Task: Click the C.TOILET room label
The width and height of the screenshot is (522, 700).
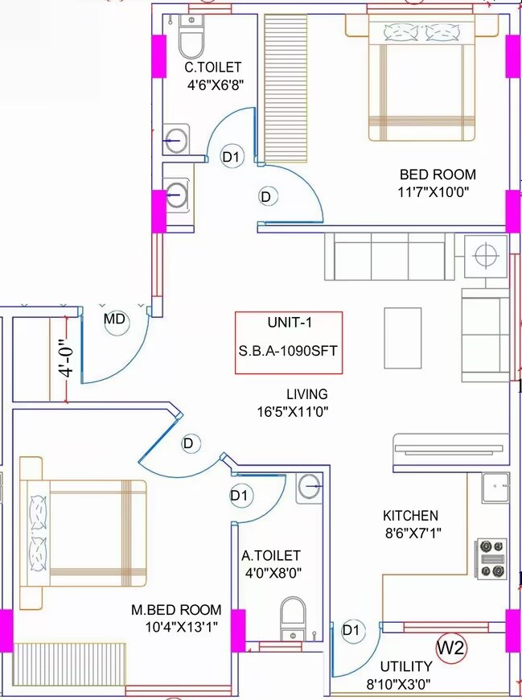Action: pyautogui.click(x=212, y=68)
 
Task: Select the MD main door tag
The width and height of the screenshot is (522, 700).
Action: pyautogui.click(x=116, y=319)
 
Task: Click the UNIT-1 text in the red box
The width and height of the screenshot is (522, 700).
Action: pyautogui.click(x=289, y=323)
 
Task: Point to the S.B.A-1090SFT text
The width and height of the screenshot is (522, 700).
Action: pyautogui.click(x=289, y=351)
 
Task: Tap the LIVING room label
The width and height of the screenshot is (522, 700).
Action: pyautogui.click(x=306, y=394)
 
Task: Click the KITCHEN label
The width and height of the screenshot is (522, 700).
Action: pyautogui.click(x=410, y=516)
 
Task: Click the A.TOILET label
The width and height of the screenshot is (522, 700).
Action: pyautogui.click(x=271, y=555)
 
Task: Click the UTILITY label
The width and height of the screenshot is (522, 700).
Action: pyautogui.click(x=406, y=666)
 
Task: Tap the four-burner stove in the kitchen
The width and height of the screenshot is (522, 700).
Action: pyautogui.click(x=492, y=558)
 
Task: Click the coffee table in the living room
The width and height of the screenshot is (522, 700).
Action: pyautogui.click(x=403, y=336)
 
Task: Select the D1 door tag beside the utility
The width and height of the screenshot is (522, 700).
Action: pyautogui.click(x=351, y=630)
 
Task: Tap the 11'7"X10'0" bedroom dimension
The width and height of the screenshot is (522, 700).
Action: pyautogui.click(x=434, y=191)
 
